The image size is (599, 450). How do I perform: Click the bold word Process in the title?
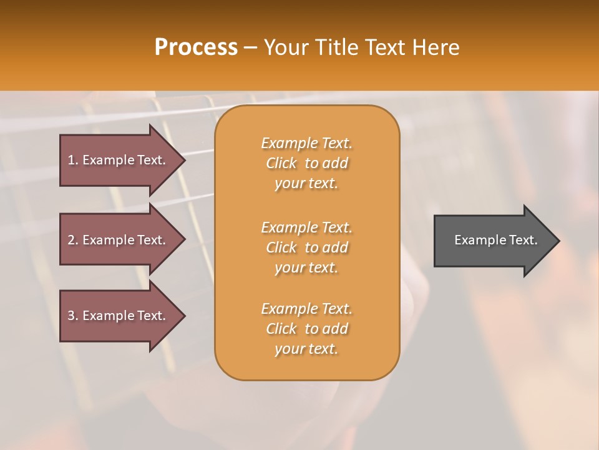click(x=196, y=47)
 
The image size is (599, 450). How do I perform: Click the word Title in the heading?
click(x=336, y=47)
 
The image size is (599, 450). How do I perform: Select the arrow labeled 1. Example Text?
click(x=119, y=160)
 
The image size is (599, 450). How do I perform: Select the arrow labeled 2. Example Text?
click(x=119, y=240)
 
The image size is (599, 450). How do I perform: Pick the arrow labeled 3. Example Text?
click(x=119, y=316)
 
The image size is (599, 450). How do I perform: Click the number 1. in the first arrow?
click(x=73, y=160)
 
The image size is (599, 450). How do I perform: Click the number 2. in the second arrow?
click(x=73, y=240)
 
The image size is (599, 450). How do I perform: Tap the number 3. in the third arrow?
click(x=73, y=316)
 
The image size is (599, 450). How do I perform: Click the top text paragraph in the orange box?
click(x=306, y=163)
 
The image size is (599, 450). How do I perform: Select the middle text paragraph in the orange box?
click(x=306, y=247)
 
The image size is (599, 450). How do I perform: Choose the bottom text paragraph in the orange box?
click(x=306, y=329)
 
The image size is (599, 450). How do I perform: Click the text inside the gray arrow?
click(x=495, y=240)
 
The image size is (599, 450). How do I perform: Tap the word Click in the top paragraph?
click(x=281, y=163)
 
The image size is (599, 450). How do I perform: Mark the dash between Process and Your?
click(x=250, y=48)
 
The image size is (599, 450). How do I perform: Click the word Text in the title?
click(x=386, y=47)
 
